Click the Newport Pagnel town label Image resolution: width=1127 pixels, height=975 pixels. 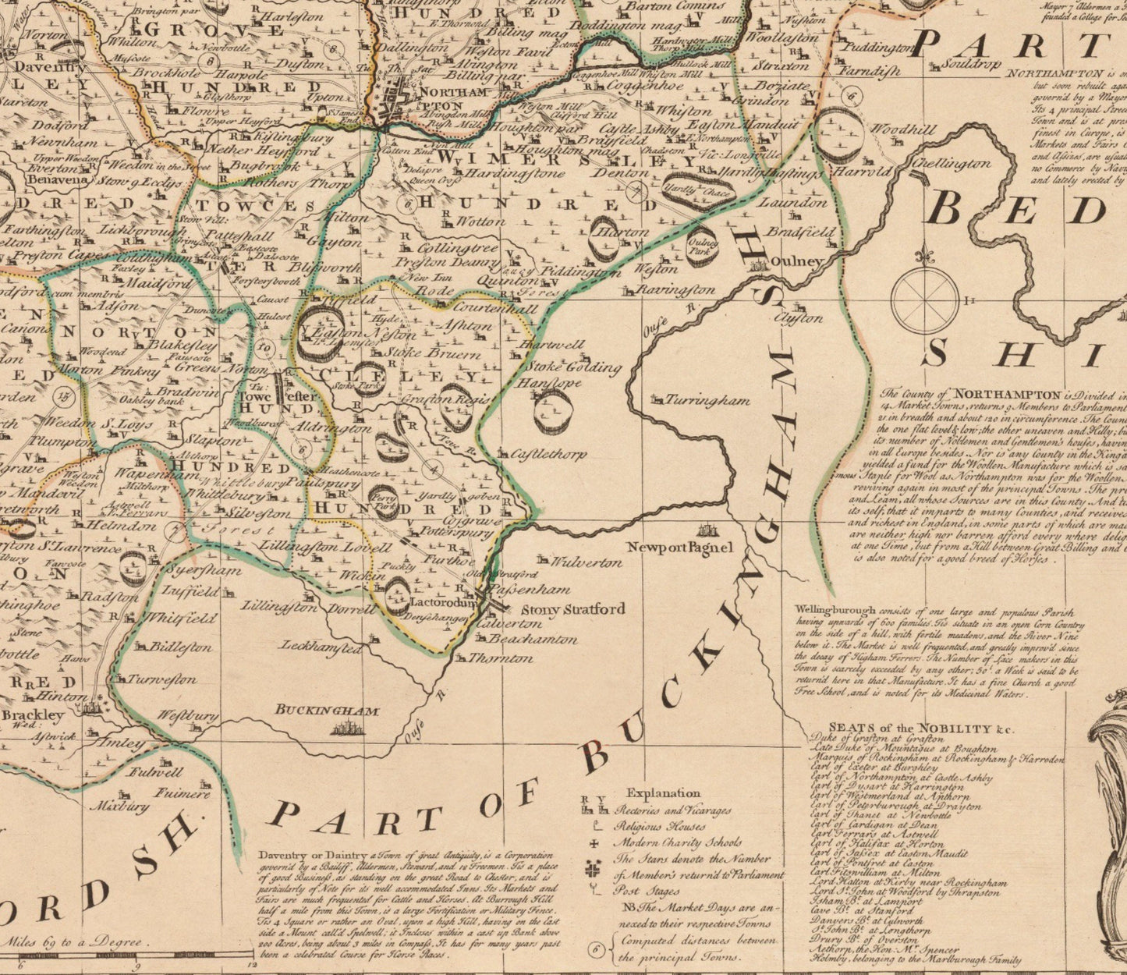pos(680,548)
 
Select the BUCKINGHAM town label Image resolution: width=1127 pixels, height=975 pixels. pos(327,711)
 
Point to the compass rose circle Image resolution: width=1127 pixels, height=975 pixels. pos(925,300)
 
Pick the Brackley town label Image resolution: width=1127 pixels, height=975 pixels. pos(33,714)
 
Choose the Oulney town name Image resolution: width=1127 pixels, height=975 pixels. pos(798,261)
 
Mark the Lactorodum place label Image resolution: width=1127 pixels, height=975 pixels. pos(442,602)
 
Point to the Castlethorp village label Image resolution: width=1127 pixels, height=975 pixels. pos(550,454)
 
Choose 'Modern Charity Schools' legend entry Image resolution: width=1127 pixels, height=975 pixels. pos(678,842)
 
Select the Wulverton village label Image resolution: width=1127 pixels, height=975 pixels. pos(586,562)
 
